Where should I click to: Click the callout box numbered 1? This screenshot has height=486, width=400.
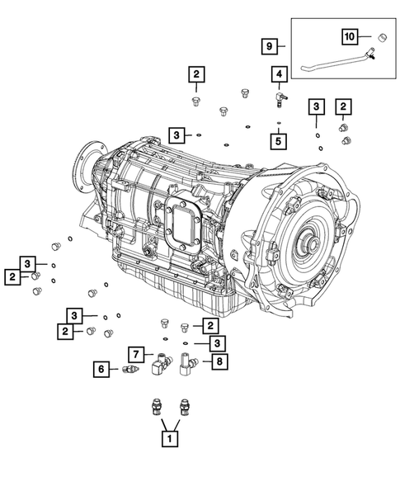tap(170, 439)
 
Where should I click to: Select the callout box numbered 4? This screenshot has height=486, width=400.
tap(280, 74)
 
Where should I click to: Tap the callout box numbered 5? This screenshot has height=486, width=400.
tap(278, 141)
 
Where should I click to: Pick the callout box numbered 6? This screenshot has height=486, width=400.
tap(101, 369)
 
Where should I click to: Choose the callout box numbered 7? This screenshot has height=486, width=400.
tap(136, 355)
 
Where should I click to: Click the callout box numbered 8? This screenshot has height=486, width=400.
tap(219, 361)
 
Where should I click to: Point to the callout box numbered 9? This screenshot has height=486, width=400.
tap(269, 46)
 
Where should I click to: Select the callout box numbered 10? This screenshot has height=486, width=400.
tap(350, 36)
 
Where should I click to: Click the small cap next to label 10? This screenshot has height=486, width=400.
tap(383, 37)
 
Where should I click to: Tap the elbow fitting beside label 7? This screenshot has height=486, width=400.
tap(161, 364)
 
